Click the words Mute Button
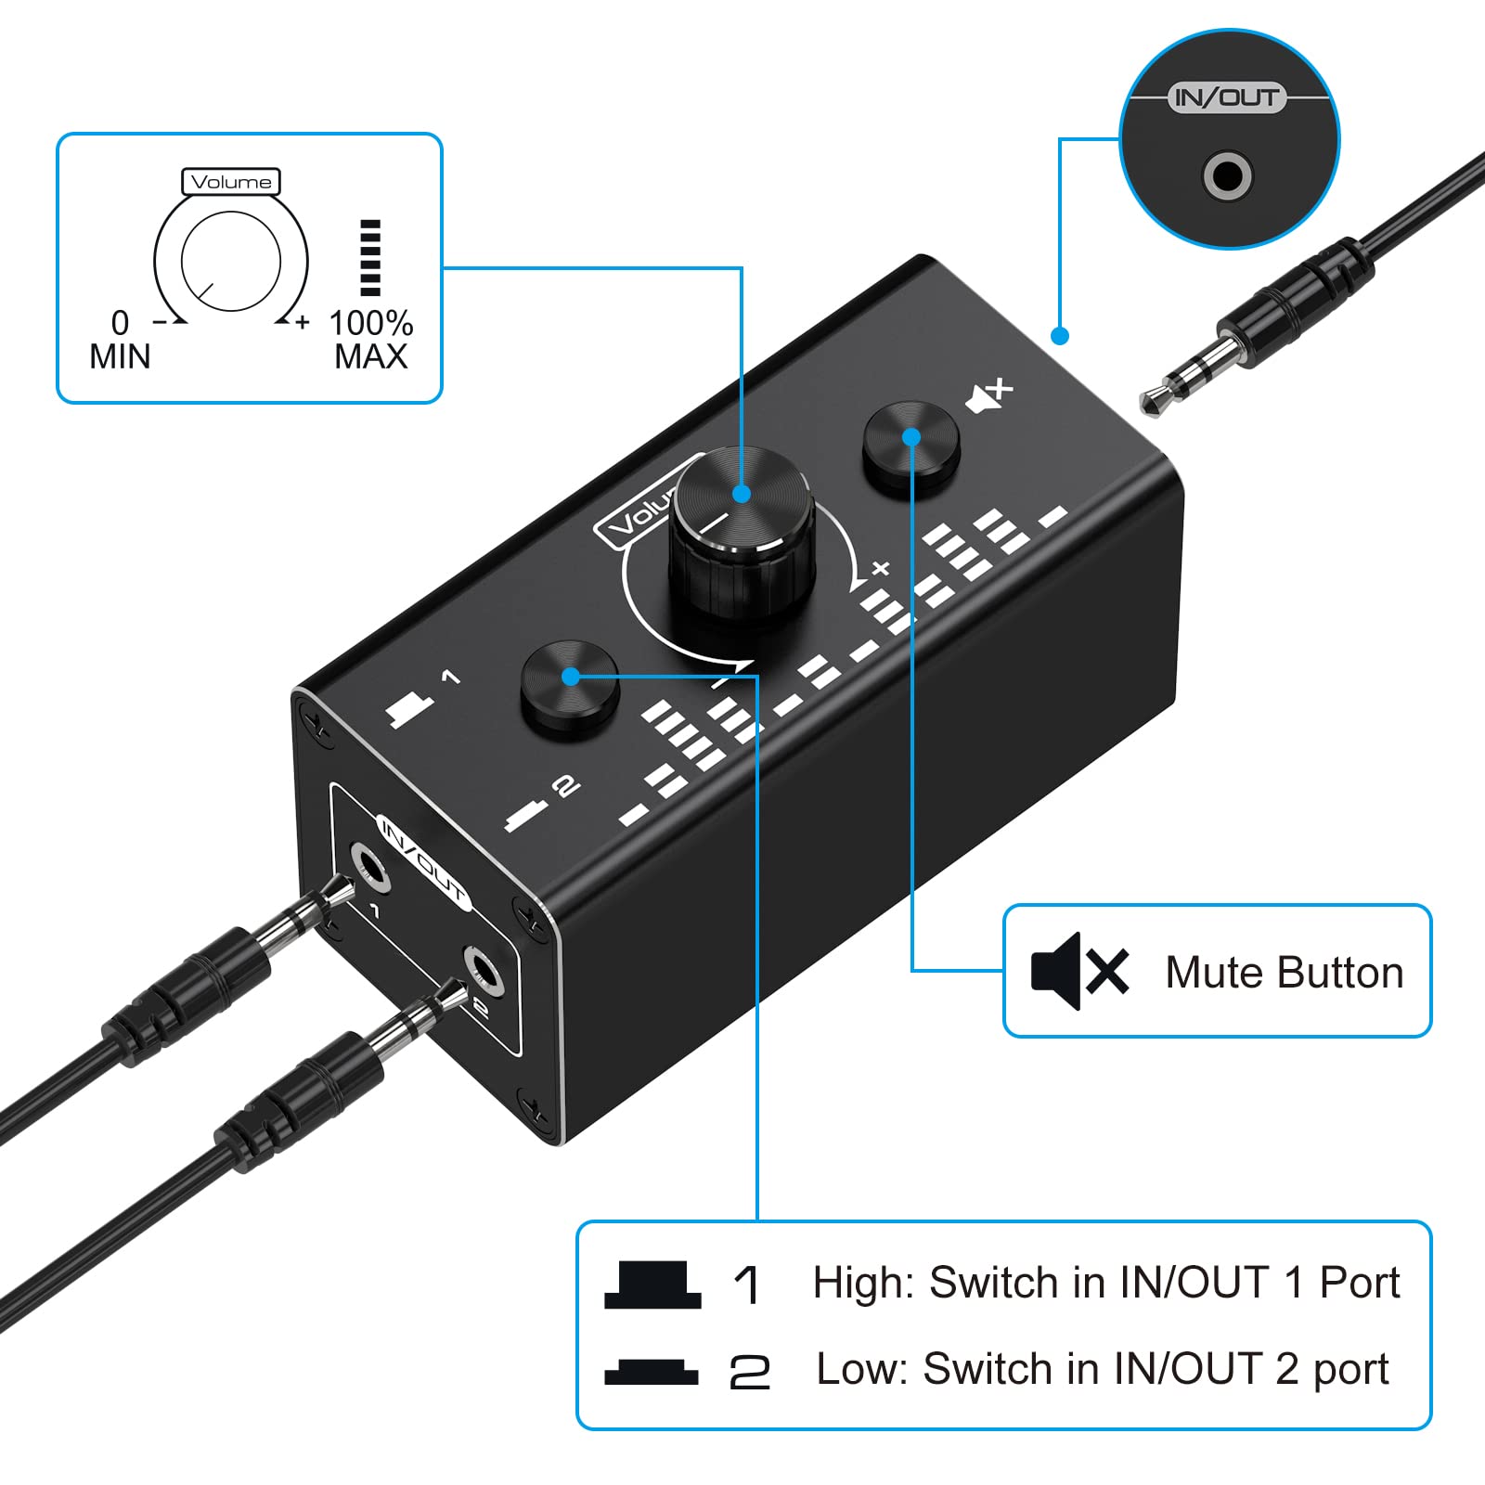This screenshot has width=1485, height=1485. pos(1284,973)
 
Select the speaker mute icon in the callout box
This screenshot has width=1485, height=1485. pos(1079,971)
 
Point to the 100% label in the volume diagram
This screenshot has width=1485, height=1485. pos(371,323)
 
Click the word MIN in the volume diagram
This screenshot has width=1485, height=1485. pos(120,356)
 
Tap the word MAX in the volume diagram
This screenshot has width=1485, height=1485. pos(371,356)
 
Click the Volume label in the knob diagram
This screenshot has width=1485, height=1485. pos(231,182)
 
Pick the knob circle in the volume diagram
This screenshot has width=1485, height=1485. pos(231,261)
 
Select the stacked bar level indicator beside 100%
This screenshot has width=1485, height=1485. pos(370,258)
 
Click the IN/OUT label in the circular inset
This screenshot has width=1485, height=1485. pos(1226,97)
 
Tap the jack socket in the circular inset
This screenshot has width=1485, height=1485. pos(1227,175)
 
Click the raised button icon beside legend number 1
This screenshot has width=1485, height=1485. pos(652,1285)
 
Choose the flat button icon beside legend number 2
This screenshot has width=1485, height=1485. pos(652,1372)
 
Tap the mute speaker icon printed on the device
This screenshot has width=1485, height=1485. pos(989,396)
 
